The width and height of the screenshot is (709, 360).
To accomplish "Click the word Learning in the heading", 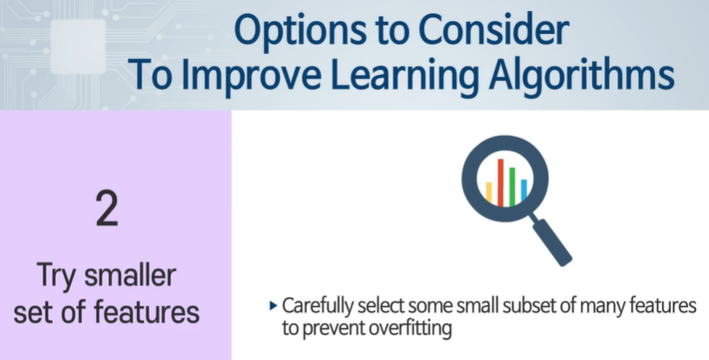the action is click(405, 75).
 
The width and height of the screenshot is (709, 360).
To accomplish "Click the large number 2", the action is click(107, 208).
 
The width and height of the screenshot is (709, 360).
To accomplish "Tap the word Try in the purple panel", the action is click(57, 276).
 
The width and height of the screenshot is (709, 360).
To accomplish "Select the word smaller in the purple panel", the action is click(130, 275).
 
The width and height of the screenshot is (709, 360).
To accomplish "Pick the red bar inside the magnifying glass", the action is click(501, 182).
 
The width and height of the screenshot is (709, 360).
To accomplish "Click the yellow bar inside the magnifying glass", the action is click(488, 193).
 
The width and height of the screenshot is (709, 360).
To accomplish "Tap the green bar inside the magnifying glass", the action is click(512, 187).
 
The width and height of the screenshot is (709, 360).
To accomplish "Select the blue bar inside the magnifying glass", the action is click(524, 190).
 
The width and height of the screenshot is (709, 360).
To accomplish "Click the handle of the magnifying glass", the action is click(552, 242).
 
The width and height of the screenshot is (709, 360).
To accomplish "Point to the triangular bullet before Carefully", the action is click(273, 306).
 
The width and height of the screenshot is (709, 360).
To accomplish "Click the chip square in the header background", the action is click(78, 47).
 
